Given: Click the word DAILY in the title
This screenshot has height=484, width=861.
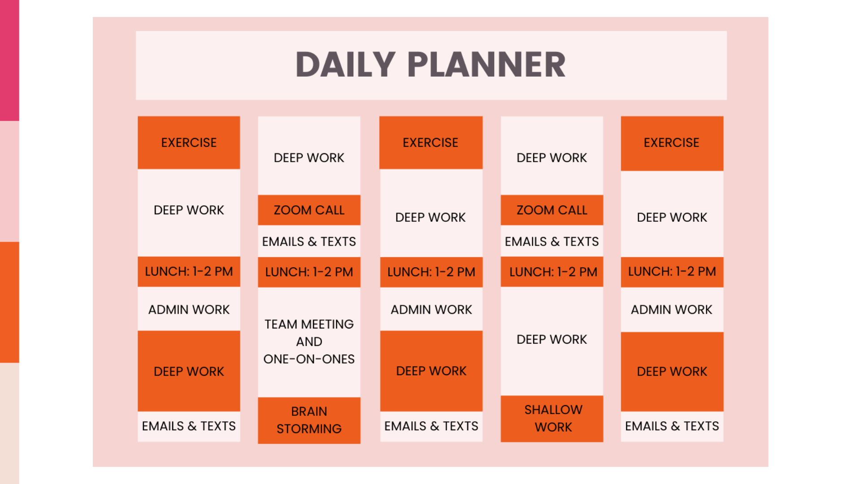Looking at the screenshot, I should (345, 65).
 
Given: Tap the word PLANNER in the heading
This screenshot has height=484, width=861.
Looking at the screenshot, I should (487, 65).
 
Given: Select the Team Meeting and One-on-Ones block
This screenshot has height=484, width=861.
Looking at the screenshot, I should (309, 341).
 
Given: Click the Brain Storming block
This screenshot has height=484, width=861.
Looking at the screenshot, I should (309, 420).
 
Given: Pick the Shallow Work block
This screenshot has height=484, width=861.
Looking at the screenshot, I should (552, 419).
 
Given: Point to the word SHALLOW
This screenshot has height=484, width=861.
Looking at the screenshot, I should (553, 410).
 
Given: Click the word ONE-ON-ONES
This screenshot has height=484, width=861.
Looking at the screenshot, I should (309, 359).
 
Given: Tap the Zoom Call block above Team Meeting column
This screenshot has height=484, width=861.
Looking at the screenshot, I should (309, 210).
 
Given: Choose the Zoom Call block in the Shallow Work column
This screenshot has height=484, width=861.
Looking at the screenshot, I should (552, 210).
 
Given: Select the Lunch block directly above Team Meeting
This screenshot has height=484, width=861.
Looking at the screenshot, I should (309, 272).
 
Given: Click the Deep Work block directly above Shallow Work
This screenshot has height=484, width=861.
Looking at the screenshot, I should (552, 340).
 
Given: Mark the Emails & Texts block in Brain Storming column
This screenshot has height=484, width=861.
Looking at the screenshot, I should (309, 242).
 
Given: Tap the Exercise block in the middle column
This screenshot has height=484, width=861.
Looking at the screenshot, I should (430, 143).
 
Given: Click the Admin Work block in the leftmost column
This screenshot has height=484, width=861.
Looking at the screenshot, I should (189, 310).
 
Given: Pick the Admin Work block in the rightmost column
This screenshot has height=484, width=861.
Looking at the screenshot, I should (672, 310).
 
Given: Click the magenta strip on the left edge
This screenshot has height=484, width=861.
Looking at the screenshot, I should (9, 60).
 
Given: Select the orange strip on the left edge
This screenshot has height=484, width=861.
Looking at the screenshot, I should (9, 302).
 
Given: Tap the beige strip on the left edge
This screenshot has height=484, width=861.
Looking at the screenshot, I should (9, 423).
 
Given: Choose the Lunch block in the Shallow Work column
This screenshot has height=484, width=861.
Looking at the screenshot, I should (552, 272).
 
